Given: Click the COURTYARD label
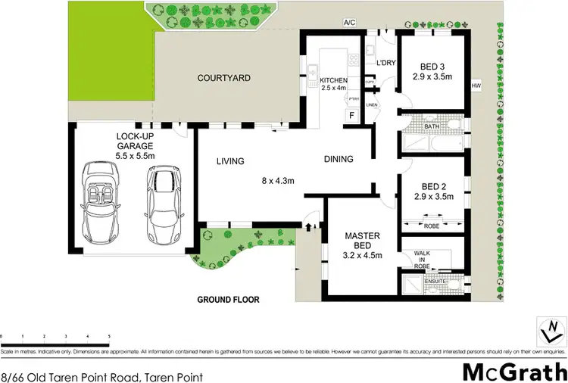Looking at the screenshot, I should (x=223, y=78).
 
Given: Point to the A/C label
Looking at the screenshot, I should (x=349, y=23).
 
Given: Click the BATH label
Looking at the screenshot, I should (x=431, y=127).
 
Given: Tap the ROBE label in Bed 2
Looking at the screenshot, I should (x=430, y=225).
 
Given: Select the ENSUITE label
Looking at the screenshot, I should (x=435, y=280).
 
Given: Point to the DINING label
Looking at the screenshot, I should (x=339, y=159).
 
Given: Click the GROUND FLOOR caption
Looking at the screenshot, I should (x=228, y=300).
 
